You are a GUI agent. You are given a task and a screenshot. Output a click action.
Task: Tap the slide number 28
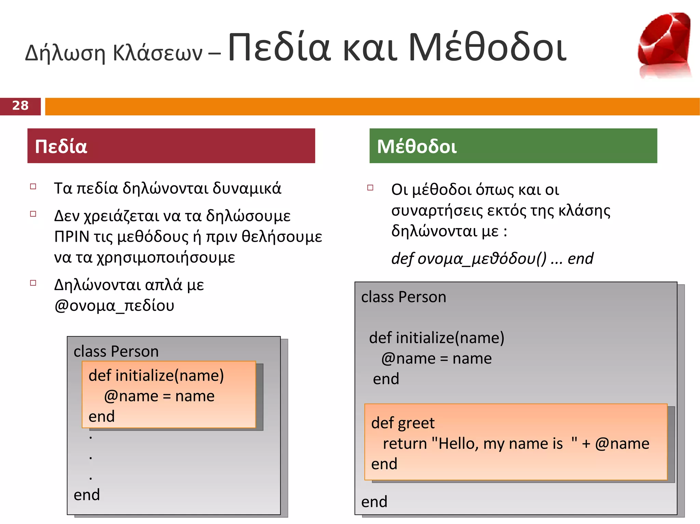(20, 105)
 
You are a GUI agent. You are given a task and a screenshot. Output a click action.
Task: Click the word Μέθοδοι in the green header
(417, 146)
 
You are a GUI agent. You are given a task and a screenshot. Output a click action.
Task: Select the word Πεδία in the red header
(61, 146)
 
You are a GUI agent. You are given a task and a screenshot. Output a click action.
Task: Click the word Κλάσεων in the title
(158, 53)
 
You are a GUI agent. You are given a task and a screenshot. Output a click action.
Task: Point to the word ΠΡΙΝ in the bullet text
(72, 237)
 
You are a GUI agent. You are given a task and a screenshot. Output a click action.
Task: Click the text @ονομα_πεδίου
(114, 306)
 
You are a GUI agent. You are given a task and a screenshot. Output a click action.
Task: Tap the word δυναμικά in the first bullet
(247, 188)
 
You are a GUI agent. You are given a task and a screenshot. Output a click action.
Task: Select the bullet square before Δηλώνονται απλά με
(33, 283)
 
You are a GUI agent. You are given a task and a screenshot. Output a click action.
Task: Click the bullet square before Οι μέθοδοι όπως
(370, 187)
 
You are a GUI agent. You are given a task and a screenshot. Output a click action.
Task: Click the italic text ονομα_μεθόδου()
(482, 259)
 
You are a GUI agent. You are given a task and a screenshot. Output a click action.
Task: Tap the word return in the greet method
(405, 444)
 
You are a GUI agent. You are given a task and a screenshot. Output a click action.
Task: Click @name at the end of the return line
(622, 444)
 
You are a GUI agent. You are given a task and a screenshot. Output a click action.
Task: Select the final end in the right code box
(374, 502)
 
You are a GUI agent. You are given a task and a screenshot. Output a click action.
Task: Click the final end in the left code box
(87, 495)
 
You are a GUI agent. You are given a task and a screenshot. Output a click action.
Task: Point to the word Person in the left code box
(135, 352)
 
